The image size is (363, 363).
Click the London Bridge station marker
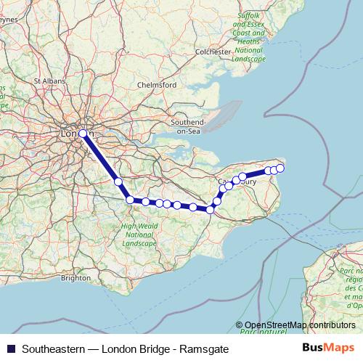pyautogui.click(x=83, y=134)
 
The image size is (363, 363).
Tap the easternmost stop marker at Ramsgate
pyautogui.click(x=280, y=168)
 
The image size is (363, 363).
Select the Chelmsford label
pyautogui.click(x=157, y=85)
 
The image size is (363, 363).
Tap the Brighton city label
pyautogui.click(x=76, y=277)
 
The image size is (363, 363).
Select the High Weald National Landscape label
pyautogui.click(x=139, y=235)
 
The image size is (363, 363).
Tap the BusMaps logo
pyautogui.click(x=328, y=348)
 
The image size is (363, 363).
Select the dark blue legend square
pyautogui.click(x=10, y=348)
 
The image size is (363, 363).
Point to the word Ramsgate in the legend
pyautogui.click(x=205, y=349)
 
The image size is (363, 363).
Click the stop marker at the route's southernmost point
pyautogui.click(x=210, y=210)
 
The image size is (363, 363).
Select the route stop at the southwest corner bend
pyautogui.click(x=130, y=200)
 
